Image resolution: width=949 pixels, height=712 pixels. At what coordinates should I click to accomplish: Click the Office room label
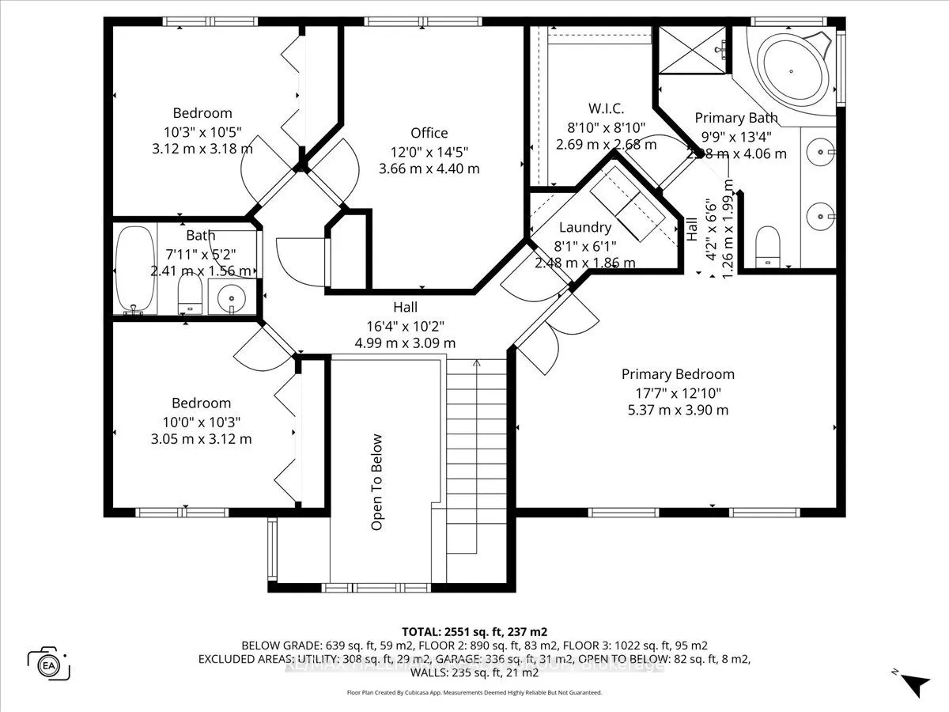(x=429, y=133)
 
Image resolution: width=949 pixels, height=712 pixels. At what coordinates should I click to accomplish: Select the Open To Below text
(x=376, y=482)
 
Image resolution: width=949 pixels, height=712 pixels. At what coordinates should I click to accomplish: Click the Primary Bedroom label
(x=678, y=374)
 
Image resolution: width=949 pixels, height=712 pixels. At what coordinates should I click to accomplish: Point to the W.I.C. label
(x=607, y=108)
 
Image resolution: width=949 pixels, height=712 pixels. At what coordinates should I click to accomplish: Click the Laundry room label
(x=584, y=227)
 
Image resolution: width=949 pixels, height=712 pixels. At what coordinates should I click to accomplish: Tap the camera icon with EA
(x=49, y=663)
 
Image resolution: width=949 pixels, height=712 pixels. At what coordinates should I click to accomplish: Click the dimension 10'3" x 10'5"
(x=202, y=131)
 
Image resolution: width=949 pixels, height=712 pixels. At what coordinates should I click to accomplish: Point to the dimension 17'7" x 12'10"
(x=678, y=392)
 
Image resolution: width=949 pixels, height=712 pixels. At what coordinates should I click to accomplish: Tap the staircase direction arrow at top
(x=476, y=364)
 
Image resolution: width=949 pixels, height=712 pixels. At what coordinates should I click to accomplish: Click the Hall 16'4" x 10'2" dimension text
(x=405, y=325)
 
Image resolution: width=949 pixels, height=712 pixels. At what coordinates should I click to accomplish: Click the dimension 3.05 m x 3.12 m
(x=202, y=439)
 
